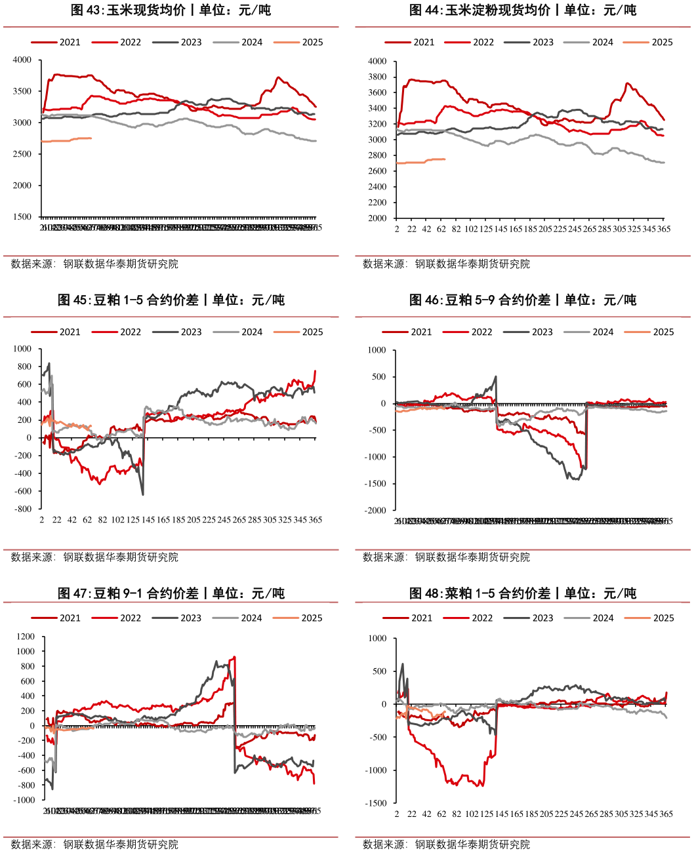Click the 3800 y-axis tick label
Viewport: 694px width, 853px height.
377,77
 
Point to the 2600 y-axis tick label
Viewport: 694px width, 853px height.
377,171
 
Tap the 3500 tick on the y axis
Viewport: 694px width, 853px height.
22,91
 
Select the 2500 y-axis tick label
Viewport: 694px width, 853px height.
22,154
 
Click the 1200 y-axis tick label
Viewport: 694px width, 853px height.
26,637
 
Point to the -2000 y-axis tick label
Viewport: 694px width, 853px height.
375,510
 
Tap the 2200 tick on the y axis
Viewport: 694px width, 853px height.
377,203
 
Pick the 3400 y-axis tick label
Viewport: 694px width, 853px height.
377,108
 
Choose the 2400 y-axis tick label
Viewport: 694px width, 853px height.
377,187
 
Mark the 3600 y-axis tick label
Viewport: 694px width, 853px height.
377,92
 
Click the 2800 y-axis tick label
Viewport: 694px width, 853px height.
377,155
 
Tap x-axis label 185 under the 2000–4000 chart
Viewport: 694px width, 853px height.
531,229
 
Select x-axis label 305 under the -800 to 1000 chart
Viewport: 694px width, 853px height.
270,520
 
